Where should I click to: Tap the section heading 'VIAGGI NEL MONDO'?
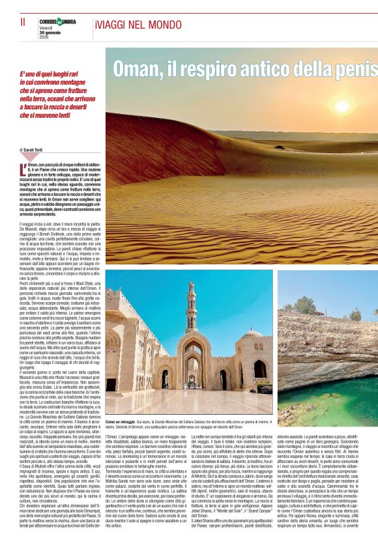pyautogui.click(x=129, y=25)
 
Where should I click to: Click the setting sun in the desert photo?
pyautogui.click(x=342, y=106)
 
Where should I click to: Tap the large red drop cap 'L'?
pyautogui.click(x=23, y=171)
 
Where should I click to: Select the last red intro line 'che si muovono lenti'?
pyautogui.click(x=48, y=115)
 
